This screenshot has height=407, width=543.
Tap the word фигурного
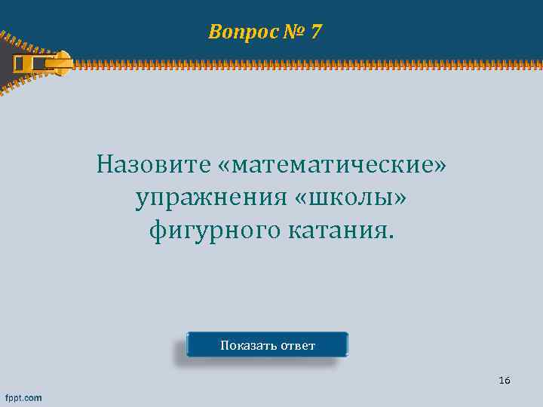click(214, 230)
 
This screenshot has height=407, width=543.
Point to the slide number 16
click(505, 381)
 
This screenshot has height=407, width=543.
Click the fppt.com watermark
click(23, 397)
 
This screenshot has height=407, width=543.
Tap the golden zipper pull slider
click(45, 63)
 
